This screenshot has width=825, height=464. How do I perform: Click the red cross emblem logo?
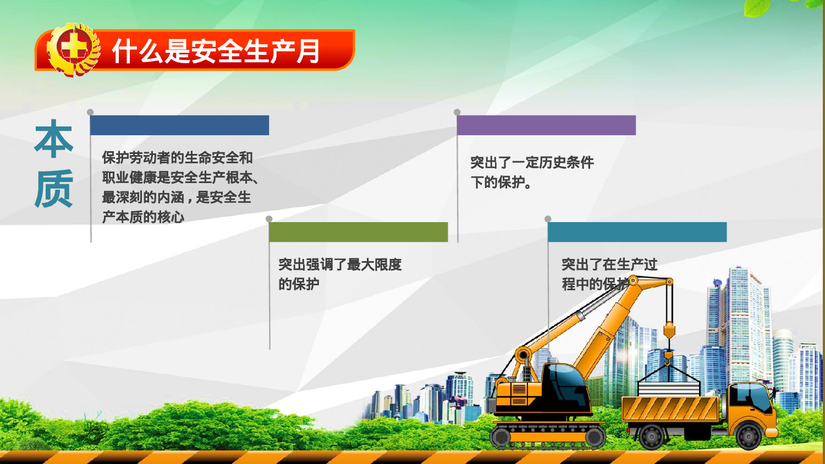[73, 49]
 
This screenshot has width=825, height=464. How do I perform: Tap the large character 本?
[54, 139]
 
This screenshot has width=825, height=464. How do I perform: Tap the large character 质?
[54, 189]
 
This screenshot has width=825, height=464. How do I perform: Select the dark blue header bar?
[179, 125]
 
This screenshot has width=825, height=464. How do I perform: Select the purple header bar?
[546, 125]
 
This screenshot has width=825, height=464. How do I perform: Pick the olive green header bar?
[358, 232]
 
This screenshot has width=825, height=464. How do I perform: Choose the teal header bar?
[637, 232]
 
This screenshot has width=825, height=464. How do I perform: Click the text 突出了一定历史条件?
[532, 163]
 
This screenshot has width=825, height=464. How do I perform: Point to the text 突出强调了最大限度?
[340, 265]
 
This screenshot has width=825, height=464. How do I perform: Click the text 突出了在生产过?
[609, 265]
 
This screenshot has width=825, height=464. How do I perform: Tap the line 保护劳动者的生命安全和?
[177, 158]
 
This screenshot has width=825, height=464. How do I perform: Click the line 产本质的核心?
[143, 217]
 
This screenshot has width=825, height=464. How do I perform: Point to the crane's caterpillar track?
[547, 437]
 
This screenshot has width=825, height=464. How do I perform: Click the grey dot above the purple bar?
[457, 112]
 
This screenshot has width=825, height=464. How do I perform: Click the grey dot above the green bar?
[269, 219]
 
